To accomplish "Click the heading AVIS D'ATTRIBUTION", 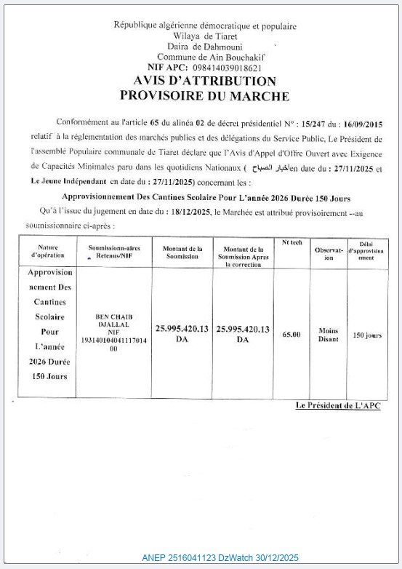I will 204,81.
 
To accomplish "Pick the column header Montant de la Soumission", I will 182,252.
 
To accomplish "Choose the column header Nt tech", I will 292,242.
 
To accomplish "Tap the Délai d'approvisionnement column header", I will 367,252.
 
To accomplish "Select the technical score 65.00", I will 292,335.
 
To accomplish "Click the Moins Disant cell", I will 328,335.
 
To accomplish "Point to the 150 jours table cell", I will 367,335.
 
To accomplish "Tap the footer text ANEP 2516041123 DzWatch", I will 201,558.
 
